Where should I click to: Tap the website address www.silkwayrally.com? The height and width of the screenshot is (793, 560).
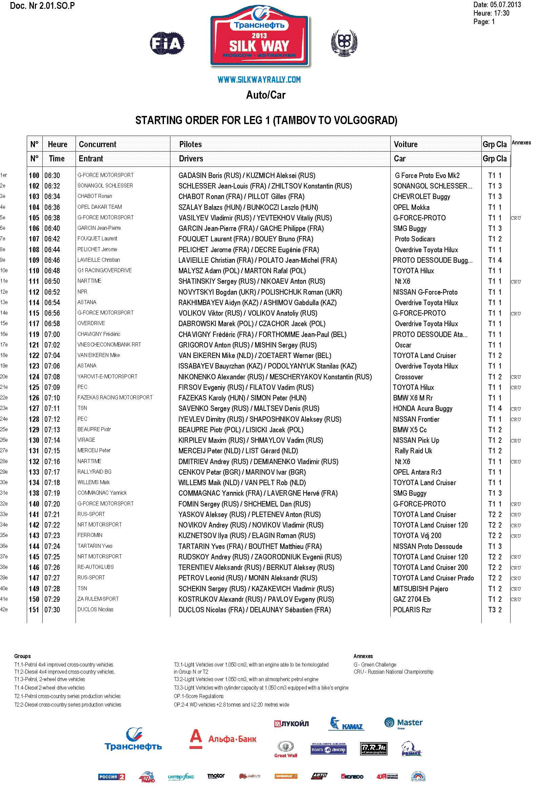coord(259,80)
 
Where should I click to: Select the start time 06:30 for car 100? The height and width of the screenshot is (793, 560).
coord(52,176)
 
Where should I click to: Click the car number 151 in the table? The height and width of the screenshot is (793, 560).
coord(34,610)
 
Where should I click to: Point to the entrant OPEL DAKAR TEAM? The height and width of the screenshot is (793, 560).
coord(100,207)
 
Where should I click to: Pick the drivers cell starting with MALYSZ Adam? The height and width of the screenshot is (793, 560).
coord(242,271)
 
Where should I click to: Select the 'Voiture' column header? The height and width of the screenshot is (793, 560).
coord(406,144)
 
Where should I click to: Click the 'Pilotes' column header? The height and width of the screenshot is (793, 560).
coord(190,144)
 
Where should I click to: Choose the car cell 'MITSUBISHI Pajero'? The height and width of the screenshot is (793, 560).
coord(420,589)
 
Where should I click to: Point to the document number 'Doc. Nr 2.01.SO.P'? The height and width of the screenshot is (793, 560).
coord(42,5)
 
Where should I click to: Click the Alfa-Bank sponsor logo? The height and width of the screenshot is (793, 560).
coord(223,739)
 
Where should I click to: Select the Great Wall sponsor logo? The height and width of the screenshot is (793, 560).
coord(286,749)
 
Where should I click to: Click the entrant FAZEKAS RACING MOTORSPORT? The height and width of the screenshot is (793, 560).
coord(115,398)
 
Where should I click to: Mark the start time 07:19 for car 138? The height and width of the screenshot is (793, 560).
coord(52,493)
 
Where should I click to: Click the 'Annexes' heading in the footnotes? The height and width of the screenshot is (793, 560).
coord(363,656)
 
